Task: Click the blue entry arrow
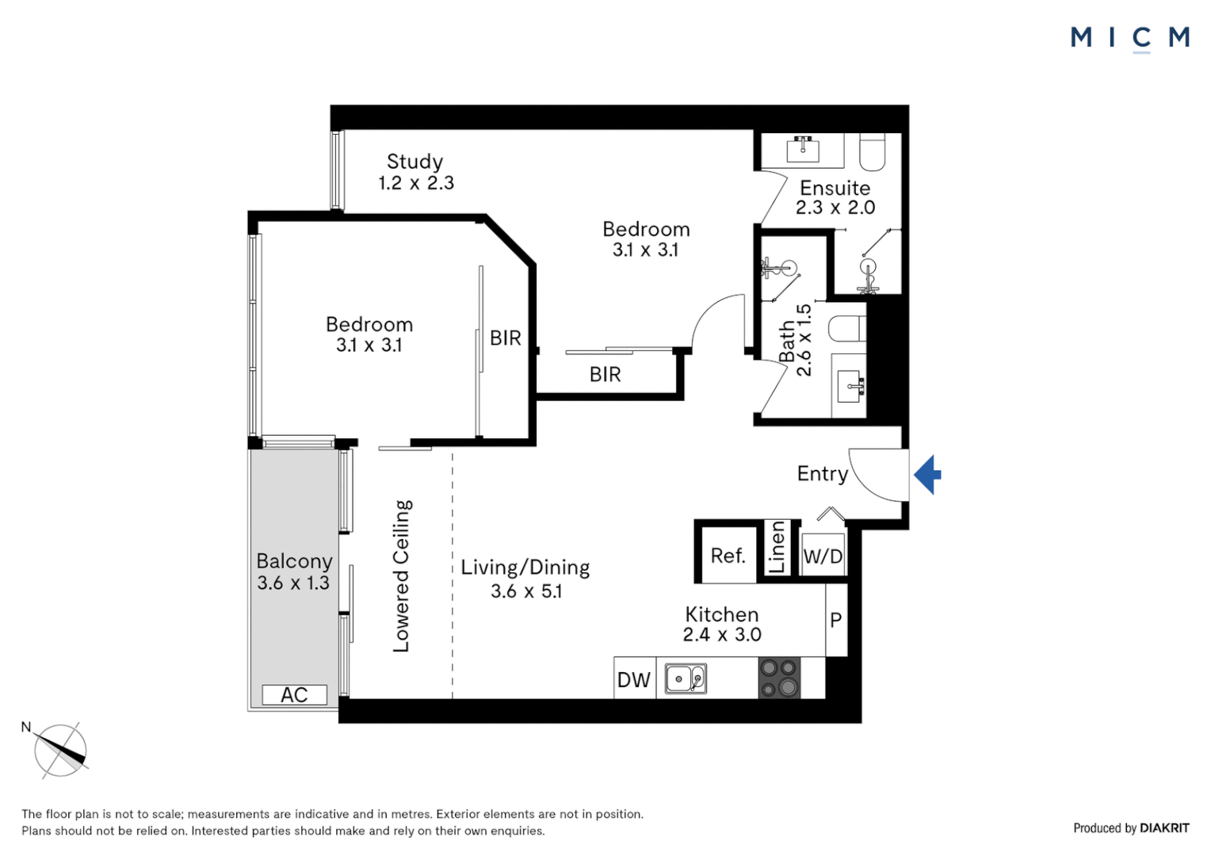pyautogui.click(x=928, y=475)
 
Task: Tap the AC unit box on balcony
pyautogui.click(x=294, y=695)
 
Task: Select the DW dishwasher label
pyautogui.click(x=633, y=680)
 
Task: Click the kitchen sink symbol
pyautogui.click(x=686, y=679)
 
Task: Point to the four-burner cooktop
pyautogui.click(x=779, y=678)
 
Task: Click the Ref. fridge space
pyautogui.click(x=728, y=556)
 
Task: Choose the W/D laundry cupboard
pyautogui.click(x=823, y=556)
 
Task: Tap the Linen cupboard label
pyautogui.click(x=777, y=547)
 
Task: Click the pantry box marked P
pyautogui.click(x=836, y=620)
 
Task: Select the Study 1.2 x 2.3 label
pyautogui.click(x=415, y=172)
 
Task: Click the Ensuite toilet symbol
pyautogui.click(x=872, y=152)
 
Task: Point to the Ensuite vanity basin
pyautogui.click(x=803, y=148)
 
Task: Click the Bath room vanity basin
pyautogui.click(x=850, y=388)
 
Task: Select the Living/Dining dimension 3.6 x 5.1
pyautogui.click(x=526, y=591)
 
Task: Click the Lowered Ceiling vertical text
pyautogui.click(x=402, y=575)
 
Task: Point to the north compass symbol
pyautogui.click(x=60, y=750)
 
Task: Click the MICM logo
pyautogui.click(x=1129, y=38)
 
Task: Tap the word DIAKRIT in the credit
pyautogui.click(x=1164, y=828)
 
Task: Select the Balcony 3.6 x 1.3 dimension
pyautogui.click(x=293, y=583)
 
